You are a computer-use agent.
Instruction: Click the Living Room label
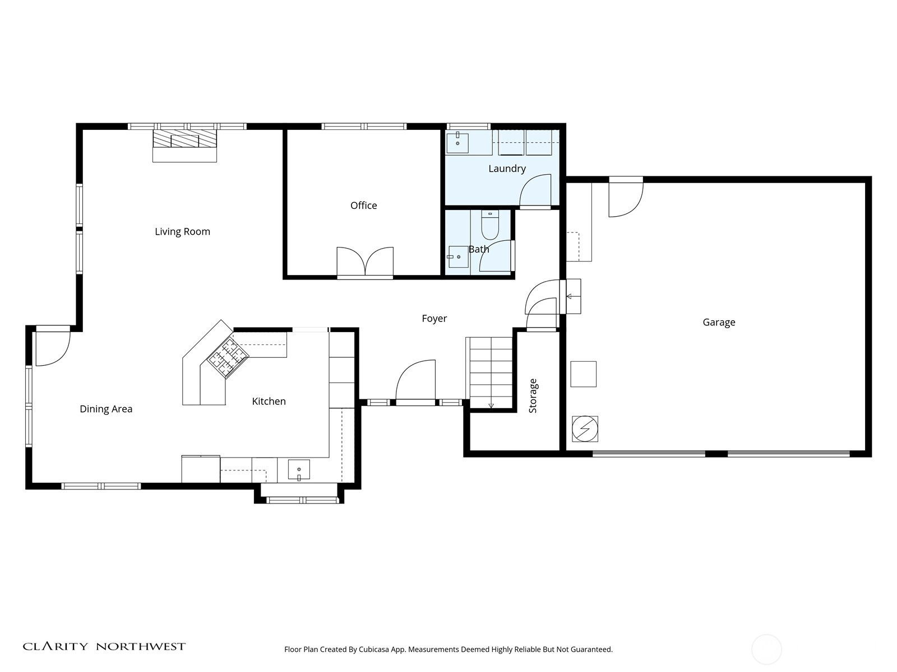182,231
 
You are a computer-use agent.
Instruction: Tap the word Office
363,206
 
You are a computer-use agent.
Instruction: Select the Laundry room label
507,169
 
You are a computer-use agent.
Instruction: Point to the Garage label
719,322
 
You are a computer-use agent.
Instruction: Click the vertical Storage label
533,396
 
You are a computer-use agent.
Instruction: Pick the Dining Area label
106,409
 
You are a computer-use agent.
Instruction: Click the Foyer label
434,319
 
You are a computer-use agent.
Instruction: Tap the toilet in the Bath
490,225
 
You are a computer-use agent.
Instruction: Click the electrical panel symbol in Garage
585,430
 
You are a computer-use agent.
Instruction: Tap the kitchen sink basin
299,469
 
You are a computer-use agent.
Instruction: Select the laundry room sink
458,143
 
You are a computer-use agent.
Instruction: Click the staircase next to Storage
491,372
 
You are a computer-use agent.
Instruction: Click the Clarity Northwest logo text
104,646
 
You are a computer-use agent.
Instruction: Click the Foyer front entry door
415,383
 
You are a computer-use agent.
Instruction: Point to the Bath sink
458,256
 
